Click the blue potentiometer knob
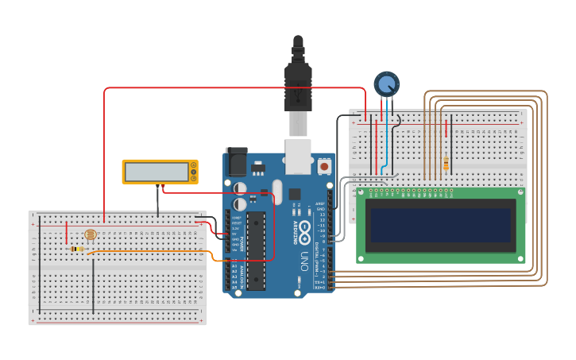point(387,83)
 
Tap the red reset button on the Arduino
point(324,167)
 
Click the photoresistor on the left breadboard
point(90,235)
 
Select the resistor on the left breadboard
point(77,249)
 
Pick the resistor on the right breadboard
point(445,164)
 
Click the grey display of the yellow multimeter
point(157,171)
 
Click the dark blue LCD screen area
point(440,225)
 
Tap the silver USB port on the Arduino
point(298,157)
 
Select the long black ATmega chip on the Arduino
point(255,250)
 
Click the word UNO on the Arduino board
point(303,261)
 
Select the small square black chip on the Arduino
point(295,194)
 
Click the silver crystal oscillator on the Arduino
point(239,188)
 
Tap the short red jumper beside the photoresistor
point(67,234)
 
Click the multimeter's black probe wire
point(157,203)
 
